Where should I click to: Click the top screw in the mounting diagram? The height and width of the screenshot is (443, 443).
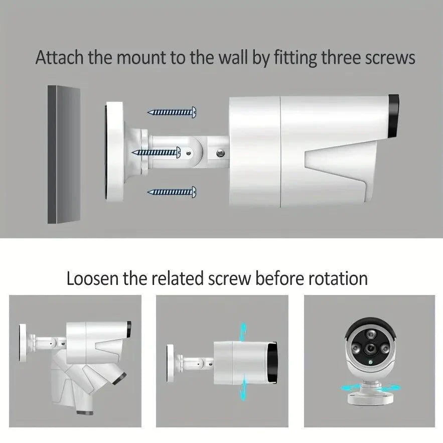pyautogui.click(x=172, y=112)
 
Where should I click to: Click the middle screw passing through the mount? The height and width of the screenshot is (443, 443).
pyautogui.click(x=156, y=153)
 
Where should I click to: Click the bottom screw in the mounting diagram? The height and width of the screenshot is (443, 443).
pyautogui.click(x=172, y=192)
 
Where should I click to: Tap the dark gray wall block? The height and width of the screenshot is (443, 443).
pyautogui.click(x=64, y=154)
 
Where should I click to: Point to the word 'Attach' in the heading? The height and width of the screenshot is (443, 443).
pyautogui.click(x=60, y=57)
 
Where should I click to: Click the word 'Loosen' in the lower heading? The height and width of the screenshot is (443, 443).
pyautogui.click(x=92, y=278)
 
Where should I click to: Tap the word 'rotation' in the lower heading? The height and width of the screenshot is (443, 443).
pyautogui.click(x=338, y=278)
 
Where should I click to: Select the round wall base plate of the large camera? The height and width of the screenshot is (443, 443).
pyautogui.click(x=114, y=152)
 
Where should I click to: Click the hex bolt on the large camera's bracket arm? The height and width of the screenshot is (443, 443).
pyautogui.click(x=220, y=154)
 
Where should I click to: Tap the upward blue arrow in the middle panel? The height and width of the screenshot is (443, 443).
pyautogui.click(x=242, y=332)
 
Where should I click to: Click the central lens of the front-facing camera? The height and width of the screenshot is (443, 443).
pyautogui.click(x=369, y=349)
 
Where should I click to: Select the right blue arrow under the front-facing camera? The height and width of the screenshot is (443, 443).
pyautogui.click(x=390, y=388)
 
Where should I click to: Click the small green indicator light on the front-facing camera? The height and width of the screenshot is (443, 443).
pyautogui.click(x=370, y=362)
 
